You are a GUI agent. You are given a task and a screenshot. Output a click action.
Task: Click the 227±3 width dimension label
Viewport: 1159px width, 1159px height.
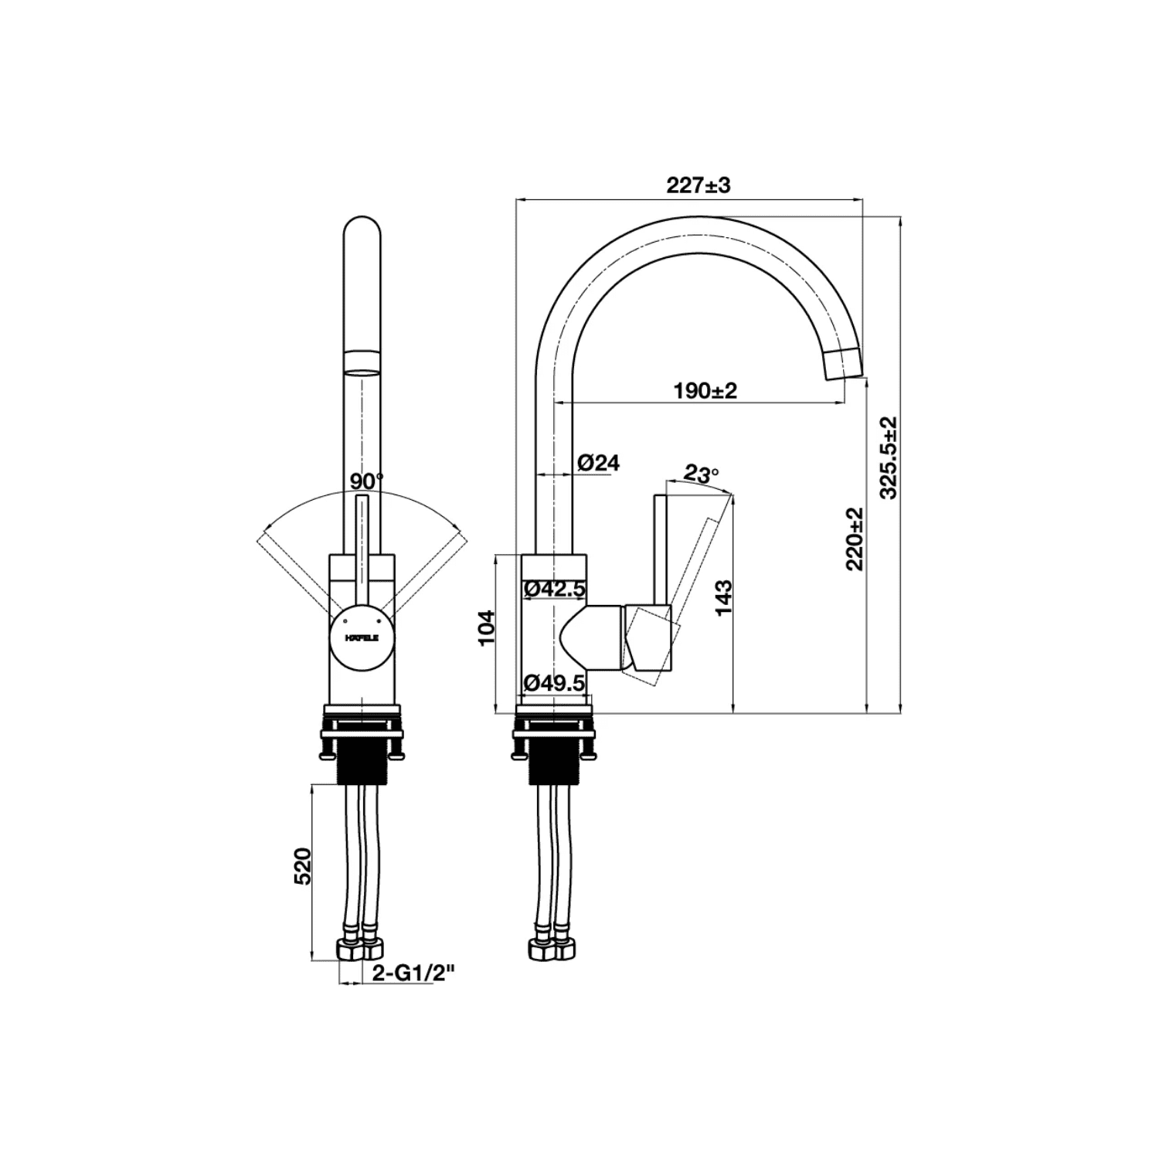click(x=698, y=185)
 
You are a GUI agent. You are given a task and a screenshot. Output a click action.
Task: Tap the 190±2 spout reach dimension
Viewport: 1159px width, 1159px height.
click(x=705, y=391)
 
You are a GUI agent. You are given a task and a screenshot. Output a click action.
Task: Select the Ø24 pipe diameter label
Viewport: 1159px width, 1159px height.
click(x=598, y=463)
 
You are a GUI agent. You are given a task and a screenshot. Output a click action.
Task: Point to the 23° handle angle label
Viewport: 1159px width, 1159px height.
click(x=701, y=474)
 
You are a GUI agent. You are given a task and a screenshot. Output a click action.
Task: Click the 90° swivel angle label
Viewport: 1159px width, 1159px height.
click(x=366, y=481)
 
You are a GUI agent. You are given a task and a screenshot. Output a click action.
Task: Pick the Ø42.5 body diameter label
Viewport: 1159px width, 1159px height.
click(x=555, y=590)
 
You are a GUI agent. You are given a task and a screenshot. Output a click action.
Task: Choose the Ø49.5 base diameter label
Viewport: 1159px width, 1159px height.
click(x=555, y=683)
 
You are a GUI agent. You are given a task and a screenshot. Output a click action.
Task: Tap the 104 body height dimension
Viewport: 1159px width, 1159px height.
click(x=485, y=628)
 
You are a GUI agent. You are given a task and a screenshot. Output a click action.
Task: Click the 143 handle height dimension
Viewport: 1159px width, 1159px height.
click(x=723, y=597)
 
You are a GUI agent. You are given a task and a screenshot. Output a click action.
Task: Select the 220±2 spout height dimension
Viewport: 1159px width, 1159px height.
click(x=855, y=539)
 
